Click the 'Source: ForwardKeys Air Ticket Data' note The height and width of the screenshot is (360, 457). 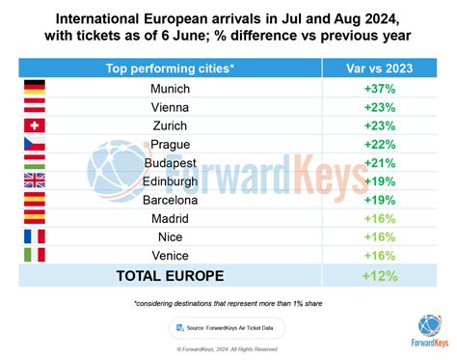(228, 327)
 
